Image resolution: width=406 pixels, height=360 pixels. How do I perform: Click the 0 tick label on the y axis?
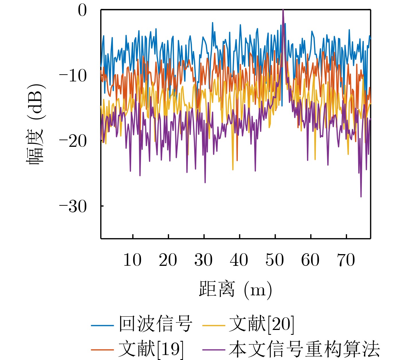click(82, 11)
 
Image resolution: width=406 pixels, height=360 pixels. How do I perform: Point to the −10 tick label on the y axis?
click(73, 76)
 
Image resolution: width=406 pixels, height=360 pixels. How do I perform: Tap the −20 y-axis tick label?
click(73, 141)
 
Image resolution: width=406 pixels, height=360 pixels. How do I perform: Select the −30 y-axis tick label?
click(73, 206)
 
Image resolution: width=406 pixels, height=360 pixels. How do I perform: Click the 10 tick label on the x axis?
click(132, 260)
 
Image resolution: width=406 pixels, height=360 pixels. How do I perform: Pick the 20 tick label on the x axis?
click(168, 260)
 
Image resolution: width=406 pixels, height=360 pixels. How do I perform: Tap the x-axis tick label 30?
click(203, 260)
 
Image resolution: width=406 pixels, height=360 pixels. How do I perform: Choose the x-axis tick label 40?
click(239, 260)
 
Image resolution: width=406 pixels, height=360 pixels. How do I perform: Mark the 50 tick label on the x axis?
click(275, 260)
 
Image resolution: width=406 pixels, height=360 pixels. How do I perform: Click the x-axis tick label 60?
click(310, 260)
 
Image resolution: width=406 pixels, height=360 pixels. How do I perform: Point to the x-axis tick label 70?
click(346, 260)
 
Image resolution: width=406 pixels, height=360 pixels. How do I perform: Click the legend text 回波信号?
click(156, 324)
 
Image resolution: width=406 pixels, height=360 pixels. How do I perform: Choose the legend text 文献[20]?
click(261, 324)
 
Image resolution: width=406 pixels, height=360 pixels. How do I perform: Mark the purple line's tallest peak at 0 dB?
click(283, 10)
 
